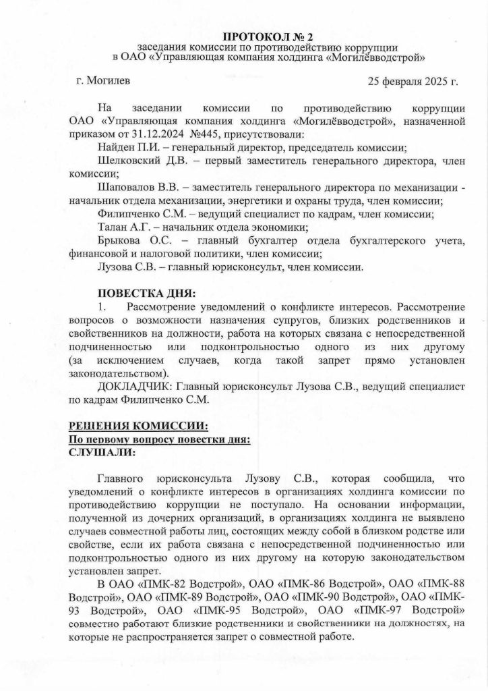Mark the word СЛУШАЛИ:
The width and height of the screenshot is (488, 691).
[x=102, y=452]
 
